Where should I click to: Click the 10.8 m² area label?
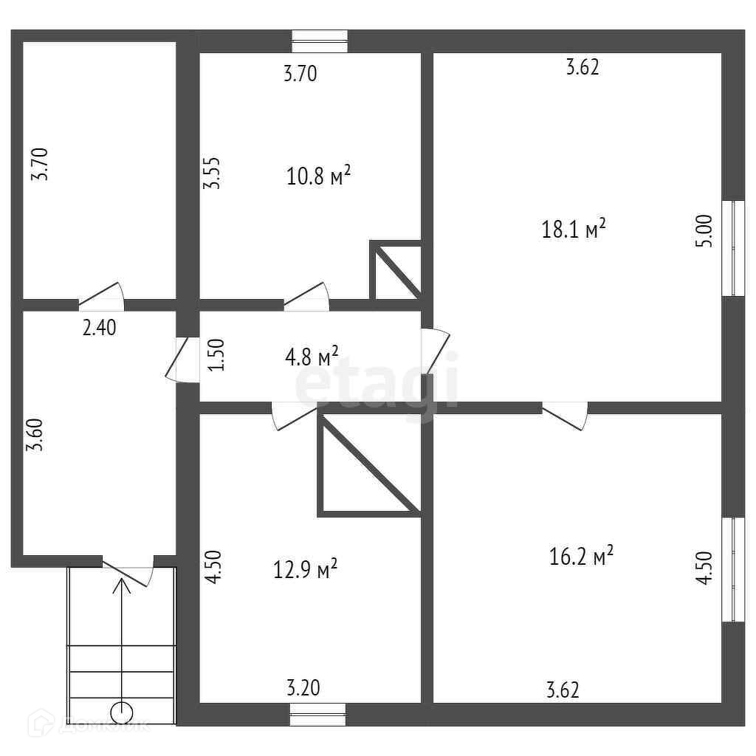[x=317, y=176]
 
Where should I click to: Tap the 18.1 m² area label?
[x=574, y=229]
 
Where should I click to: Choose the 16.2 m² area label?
[x=582, y=555]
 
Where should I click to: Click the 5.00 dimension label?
[x=704, y=230]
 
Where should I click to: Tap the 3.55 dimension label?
[x=213, y=173]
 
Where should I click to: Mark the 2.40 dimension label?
[x=99, y=327]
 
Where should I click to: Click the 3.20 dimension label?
[x=303, y=688]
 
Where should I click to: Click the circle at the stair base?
[x=121, y=713]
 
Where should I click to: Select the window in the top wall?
[x=320, y=41]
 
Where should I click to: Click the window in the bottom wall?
[x=317, y=714]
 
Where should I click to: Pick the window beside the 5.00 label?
[x=732, y=247]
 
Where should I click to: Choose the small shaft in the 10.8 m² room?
[x=396, y=271]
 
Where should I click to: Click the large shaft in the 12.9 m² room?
[x=367, y=464]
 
